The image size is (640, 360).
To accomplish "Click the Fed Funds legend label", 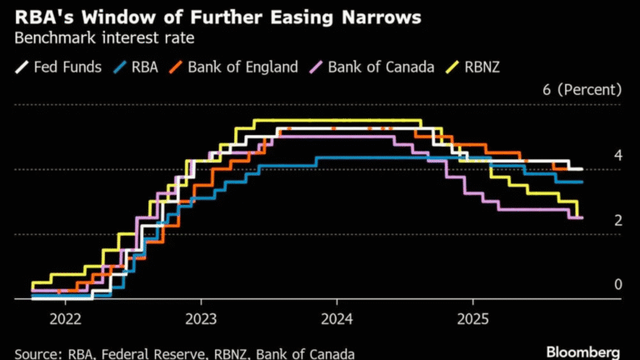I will coord(68,67).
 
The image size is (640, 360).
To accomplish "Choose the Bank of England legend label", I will coord(243,67).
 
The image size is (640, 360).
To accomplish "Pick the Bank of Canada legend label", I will coord(381,67).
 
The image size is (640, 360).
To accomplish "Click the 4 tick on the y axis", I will coord(618,156).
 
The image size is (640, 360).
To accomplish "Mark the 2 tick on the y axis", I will coord(618,220).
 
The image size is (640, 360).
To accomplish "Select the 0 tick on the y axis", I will coord(618,285).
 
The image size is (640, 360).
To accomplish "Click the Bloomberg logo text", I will coord(582,351).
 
